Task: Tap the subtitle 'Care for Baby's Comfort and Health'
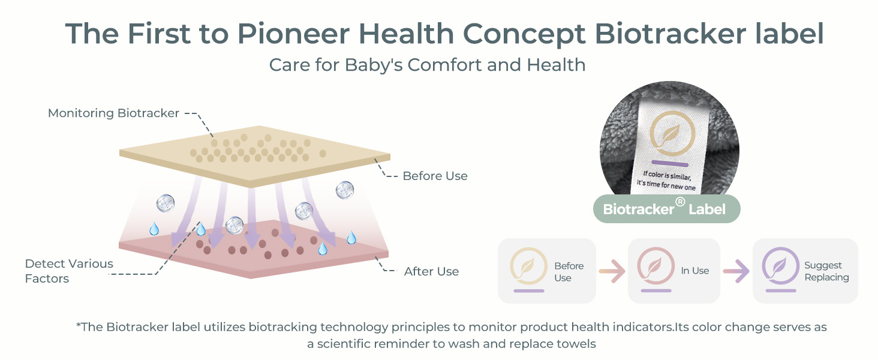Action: (427, 65)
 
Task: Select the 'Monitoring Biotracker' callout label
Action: (113, 113)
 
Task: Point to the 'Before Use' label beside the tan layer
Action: (435, 176)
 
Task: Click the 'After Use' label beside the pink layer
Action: (432, 271)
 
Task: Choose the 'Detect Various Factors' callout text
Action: (69, 271)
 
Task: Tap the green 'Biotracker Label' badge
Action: (666, 209)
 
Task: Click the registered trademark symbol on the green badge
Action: (680, 202)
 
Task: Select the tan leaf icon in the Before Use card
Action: (529, 266)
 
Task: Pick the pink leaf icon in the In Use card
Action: (656, 266)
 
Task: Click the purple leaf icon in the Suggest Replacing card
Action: (780, 266)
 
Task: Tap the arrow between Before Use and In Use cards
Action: (612, 271)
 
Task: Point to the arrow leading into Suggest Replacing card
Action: (736, 271)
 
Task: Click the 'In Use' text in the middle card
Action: (695, 271)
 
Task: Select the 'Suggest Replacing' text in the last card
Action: (826, 271)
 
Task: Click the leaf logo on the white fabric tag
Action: (673, 134)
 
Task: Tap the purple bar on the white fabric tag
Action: (670, 163)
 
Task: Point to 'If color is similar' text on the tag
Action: (667, 175)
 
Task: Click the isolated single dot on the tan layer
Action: (323, 154)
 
